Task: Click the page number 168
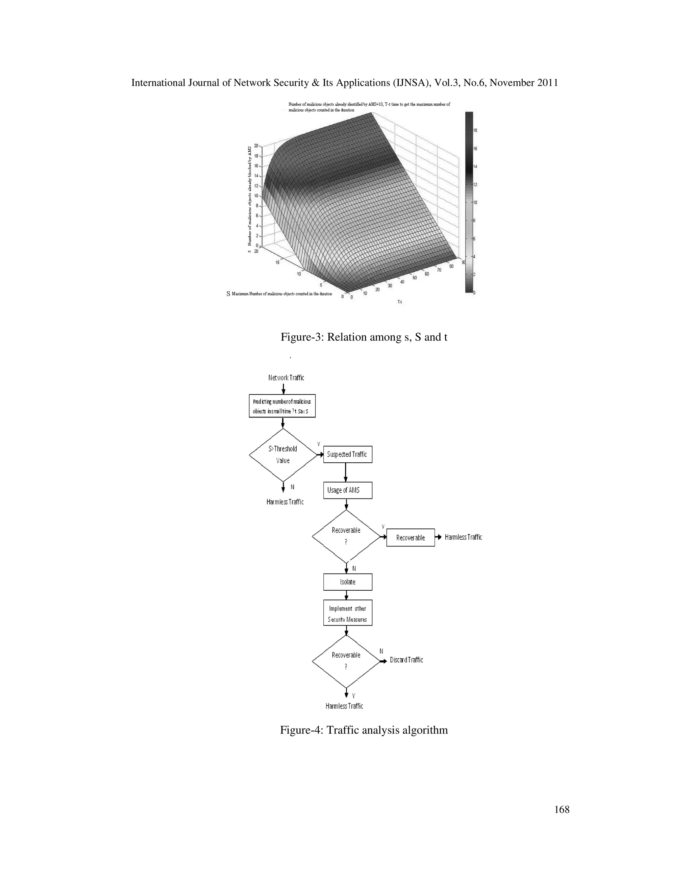pos(562,809)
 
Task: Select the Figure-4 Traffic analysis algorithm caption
pos(364,730)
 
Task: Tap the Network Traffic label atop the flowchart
pos(286,378)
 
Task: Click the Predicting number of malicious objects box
pos(282,406)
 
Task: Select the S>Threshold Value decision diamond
pos(283,455)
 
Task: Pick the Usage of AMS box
pos(348,490)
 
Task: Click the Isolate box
pos(348,582)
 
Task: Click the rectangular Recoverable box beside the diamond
pos(410,538)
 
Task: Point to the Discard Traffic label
pos(406,660)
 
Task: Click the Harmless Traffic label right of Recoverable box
pos(463,537)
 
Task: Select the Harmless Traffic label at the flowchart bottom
pos(344,706)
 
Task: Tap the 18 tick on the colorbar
pos(475,130)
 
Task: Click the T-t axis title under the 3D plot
pos(400,302)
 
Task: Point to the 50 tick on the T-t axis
pos(415,278)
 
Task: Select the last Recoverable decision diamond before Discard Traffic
pos(346,661)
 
